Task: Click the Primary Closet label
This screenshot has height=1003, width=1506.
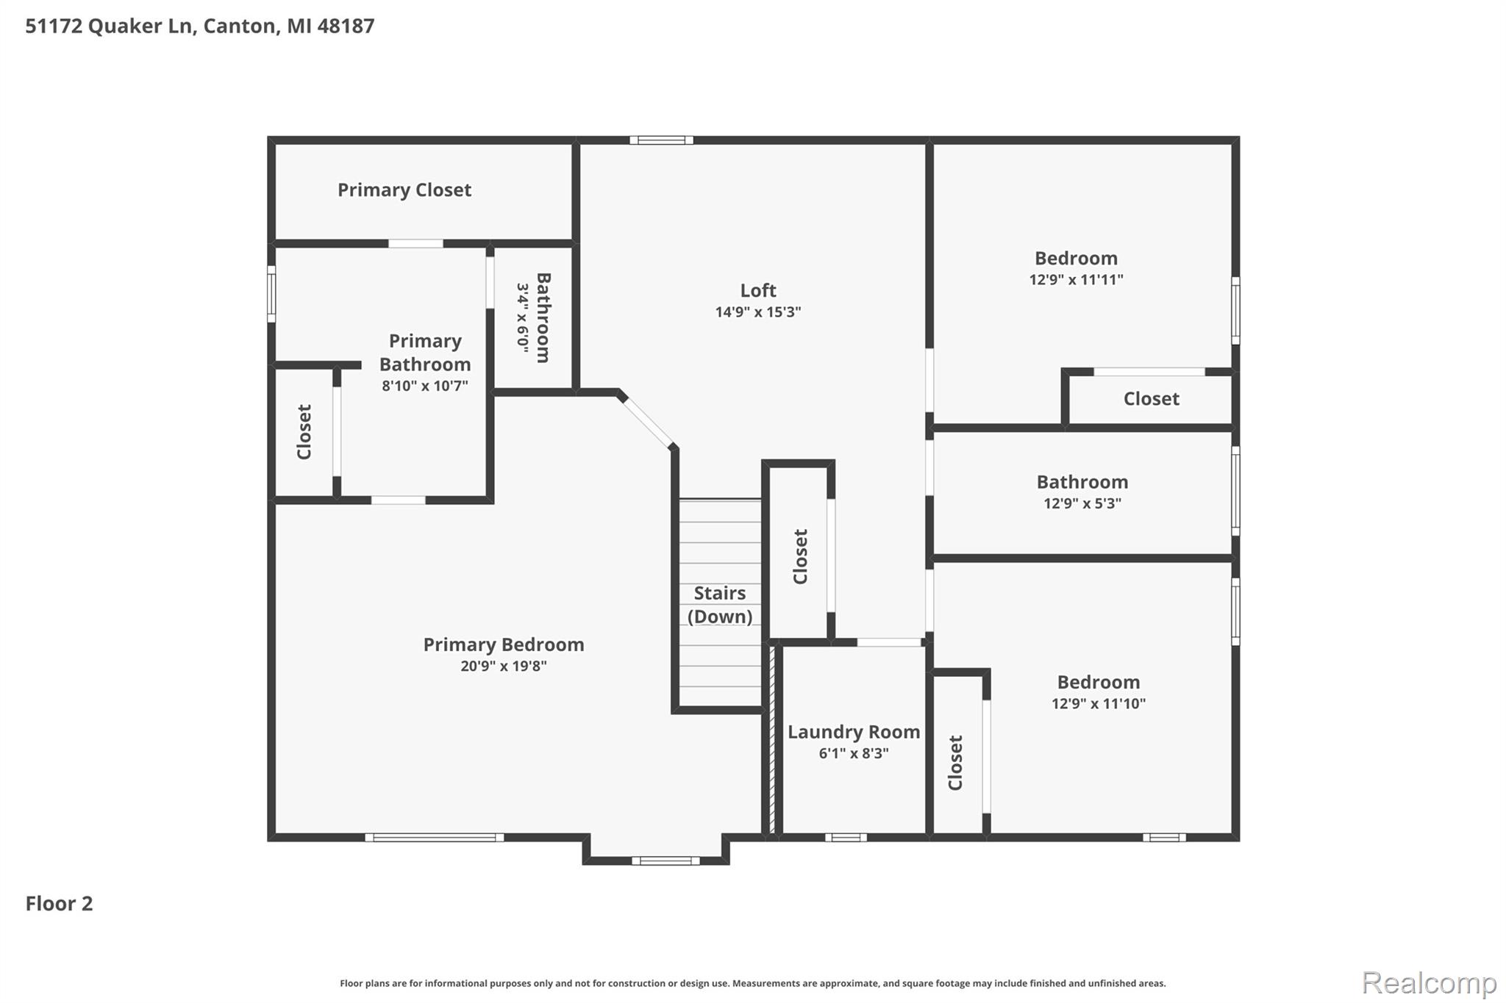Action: click(404, 190)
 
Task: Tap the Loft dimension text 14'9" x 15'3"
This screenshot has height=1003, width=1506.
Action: click(758, 312)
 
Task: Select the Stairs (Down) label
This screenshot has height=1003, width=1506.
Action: click(720, 605)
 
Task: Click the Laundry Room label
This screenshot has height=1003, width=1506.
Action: click(854, 732)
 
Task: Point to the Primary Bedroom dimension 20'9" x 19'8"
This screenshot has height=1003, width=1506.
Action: click(504, 666)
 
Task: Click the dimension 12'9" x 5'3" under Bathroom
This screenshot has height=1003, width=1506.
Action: click(1082, 503)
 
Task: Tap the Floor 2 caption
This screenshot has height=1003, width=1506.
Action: click(60, 903)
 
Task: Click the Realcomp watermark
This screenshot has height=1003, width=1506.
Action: click(1430, 982)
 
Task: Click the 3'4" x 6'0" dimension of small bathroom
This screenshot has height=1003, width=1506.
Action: click(523, 318)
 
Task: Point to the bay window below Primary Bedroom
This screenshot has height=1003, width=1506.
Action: click(665, 860)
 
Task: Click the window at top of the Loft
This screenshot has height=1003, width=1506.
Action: click(661, 140)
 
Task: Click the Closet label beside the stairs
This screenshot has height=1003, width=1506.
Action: click(800, 556)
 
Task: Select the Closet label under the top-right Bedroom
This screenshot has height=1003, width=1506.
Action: click(1152, 399)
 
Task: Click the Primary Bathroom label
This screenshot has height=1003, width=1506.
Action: click(425, 353)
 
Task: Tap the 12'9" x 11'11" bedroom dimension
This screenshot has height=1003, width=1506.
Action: click(1077, 279)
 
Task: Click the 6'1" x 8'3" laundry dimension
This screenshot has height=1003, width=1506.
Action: click(854, 753)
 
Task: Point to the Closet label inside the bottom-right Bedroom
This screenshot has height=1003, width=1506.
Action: click(955, 763)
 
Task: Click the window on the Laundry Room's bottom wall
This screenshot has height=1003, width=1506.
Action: click(846, 837)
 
